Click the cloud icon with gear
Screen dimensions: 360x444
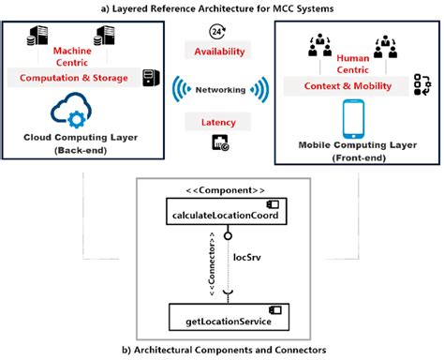(80, 111)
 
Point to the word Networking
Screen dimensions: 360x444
(220, 90)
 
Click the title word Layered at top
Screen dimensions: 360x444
(146, 7)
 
